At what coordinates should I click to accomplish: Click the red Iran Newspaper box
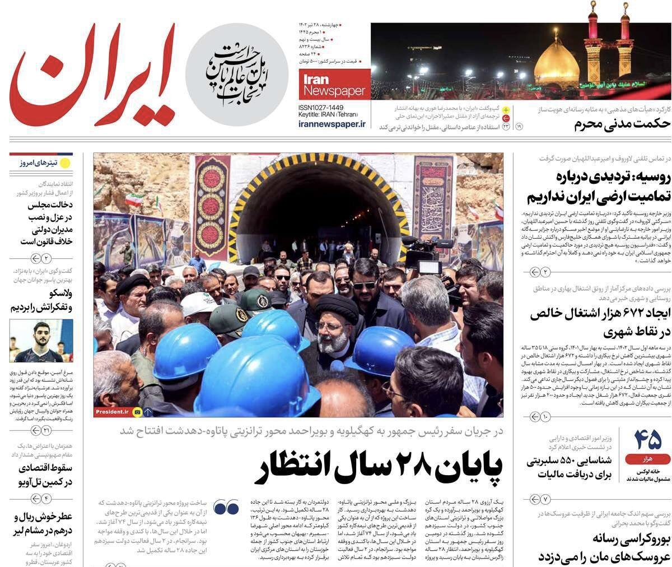click(334, 84)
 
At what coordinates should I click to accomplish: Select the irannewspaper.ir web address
click(332, 124)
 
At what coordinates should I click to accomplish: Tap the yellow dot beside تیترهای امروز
click(65, 163)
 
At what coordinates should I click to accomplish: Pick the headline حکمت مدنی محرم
click(622, 124)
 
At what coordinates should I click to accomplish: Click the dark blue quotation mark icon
click(226, 506)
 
